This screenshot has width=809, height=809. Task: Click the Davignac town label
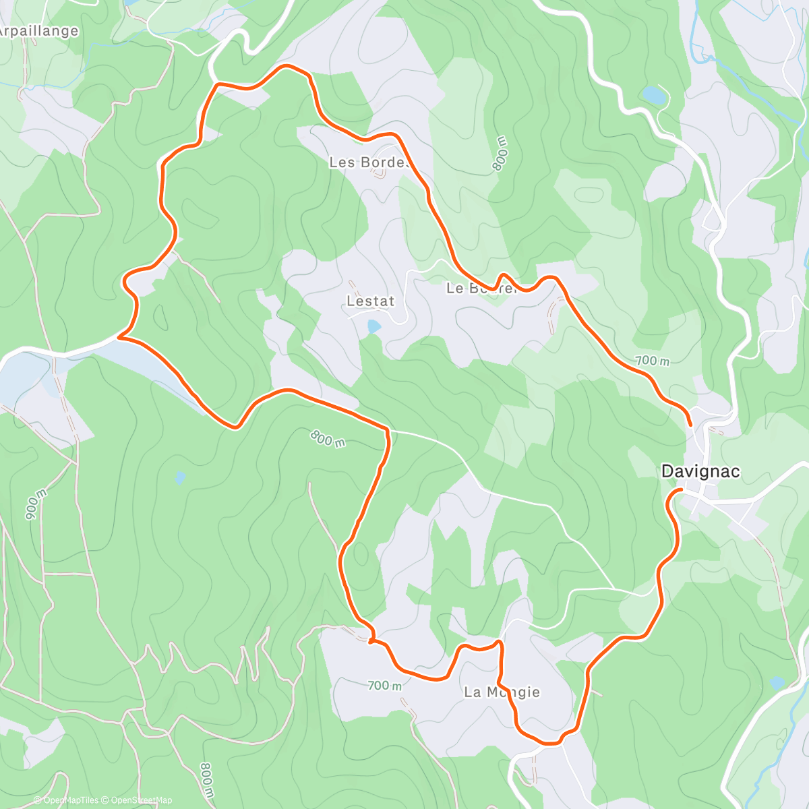coord(700,471)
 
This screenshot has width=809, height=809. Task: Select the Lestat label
coord(370,301)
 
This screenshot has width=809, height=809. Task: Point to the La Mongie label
coord(502,692)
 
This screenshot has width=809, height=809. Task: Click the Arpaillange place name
coord(39,31)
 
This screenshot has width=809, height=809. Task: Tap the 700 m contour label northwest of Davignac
coord(652,361)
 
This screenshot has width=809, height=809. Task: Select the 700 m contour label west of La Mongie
coord(385,686)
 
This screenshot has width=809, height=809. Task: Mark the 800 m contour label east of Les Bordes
coord(500,153)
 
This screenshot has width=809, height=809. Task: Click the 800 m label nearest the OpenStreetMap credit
coord(208,779)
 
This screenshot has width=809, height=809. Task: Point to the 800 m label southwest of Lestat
coord(328,438)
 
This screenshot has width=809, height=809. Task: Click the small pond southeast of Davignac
coord(777,682)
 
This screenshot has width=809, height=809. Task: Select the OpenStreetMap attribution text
coord(142,800)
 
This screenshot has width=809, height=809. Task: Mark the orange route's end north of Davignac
coord(690,425)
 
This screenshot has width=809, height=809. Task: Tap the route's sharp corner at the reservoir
coord(119,336)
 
